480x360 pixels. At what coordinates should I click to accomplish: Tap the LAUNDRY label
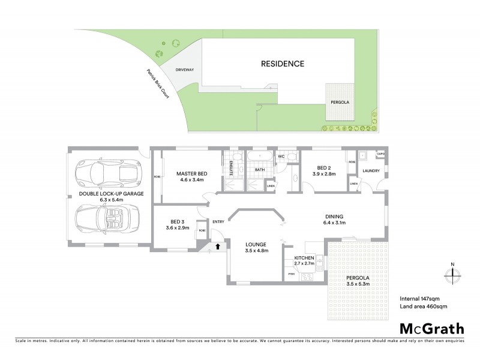(x=371, y=170)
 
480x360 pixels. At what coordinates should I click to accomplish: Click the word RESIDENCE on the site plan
(x=282, y=64)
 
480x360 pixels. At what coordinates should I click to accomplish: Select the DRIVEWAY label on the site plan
(x=185, y=70)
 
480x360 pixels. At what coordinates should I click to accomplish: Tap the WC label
(x=280, y=157)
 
